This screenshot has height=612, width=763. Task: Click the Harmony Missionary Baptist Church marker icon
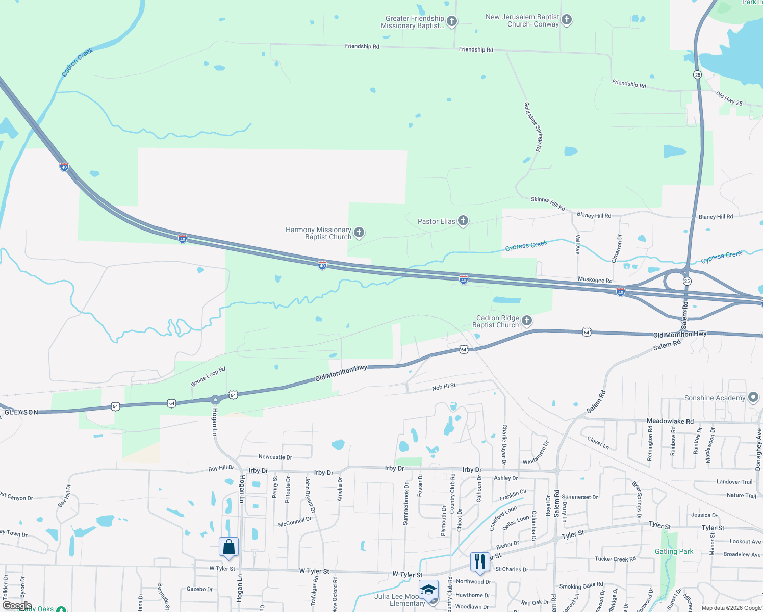(x=359, y=233)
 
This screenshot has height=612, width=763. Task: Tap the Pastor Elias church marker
(x=463, y=221)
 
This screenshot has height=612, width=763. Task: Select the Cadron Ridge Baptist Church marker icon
(x=527, y=321)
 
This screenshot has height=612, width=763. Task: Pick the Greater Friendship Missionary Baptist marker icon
(x=452, y=21)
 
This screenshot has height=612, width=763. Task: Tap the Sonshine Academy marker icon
(x=753, y=398)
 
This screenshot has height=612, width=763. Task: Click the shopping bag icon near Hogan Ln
(x=229, y=547)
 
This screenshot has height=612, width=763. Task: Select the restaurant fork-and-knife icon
(x=479, y=562)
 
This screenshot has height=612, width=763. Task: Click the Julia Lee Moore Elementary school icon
(x=428, y=590)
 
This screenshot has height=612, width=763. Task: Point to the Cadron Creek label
(x=77, y=62)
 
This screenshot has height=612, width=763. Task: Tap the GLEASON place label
(x=21, y=412)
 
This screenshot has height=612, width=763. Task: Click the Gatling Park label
(x=674, y=551)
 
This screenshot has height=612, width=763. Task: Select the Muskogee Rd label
(x=595, y=280)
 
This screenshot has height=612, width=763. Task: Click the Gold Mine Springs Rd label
(x=532, y=126)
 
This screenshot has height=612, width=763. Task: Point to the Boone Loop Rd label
(x=208, y=376)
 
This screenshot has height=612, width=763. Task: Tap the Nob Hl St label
(x=444, y=387)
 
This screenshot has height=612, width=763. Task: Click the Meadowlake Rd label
(x=670, y=421)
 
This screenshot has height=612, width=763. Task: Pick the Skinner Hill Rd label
(x=548, y=203)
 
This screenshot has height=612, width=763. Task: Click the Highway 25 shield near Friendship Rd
(x=697, y=75)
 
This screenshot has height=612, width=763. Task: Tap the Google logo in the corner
(x=17, y=606)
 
